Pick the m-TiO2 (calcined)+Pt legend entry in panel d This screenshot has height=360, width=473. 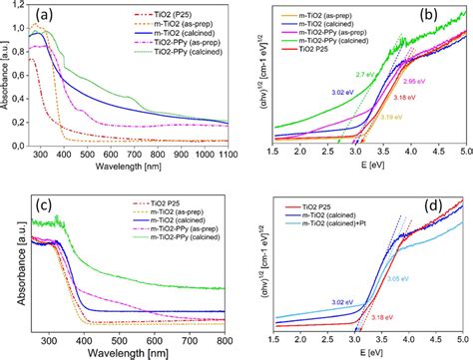point(339,224)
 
